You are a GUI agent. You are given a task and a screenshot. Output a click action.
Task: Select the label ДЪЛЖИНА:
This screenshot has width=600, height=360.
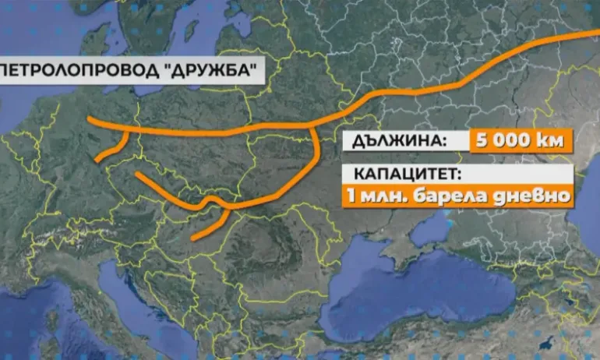[397, 142]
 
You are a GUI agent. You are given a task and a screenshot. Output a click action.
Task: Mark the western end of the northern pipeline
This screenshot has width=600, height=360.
[90, 120]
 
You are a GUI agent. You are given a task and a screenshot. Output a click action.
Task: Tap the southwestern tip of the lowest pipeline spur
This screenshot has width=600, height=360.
[193, 235]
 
